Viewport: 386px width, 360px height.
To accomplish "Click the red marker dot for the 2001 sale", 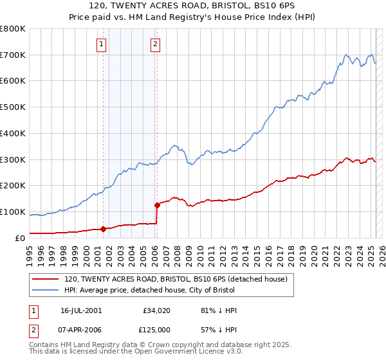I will [x=103, y=229].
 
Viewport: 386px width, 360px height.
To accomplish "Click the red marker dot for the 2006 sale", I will [x=156, y=205].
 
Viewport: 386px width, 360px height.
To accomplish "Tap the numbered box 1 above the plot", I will [x=102, y=44].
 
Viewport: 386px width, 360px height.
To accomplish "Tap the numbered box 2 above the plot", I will [x=156, y=44].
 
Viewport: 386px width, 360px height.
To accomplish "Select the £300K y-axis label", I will [x=14, y=159].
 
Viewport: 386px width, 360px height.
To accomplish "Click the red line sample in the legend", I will [x=46, y=280].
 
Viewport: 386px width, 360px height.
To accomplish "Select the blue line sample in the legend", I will [x=46, y=290].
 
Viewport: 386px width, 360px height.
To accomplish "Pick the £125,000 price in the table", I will [x=158, y=330].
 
